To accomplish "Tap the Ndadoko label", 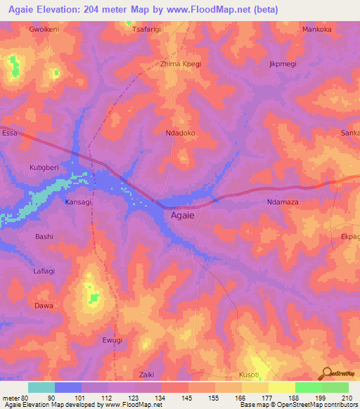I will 180,133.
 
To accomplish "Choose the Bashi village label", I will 44,237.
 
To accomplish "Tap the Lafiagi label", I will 45,272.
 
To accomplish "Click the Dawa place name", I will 44,306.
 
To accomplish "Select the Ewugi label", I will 112,340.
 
